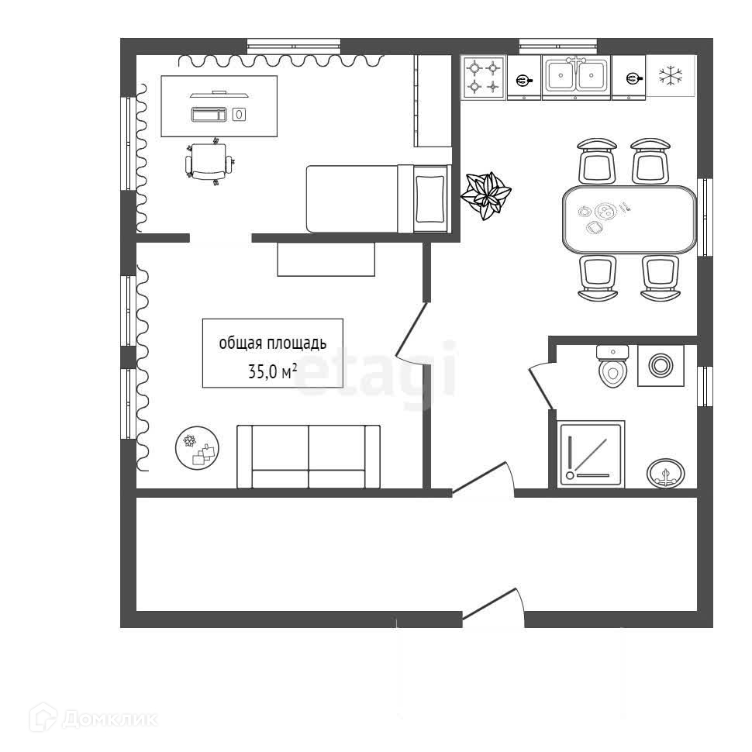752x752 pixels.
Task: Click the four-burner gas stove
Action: [484, 78]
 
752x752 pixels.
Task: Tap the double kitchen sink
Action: [575, 76]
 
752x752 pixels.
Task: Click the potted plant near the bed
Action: [486, 195]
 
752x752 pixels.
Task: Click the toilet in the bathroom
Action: [612, 366]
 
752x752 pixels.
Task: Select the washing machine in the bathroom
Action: [661, 365]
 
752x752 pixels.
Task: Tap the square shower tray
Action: [591, 455]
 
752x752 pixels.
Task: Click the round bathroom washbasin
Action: [666, 471]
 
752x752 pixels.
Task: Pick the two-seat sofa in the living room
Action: [309, 457]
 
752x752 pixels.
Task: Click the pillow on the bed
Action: [431, 199]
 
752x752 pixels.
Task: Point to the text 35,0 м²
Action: [272, 371]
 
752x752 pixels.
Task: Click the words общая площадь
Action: [272, 343]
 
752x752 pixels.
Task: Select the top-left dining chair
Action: [598, 160]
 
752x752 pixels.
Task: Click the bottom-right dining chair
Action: [661, 278]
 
